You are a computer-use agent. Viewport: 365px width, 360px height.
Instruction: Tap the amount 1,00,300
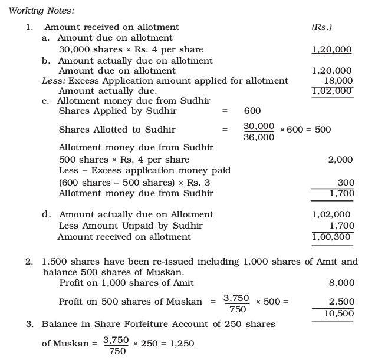tap(332, 237)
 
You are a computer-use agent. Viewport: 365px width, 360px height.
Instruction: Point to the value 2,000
tap(341, 160)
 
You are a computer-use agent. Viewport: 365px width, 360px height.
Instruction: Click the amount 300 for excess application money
tap(345, 183)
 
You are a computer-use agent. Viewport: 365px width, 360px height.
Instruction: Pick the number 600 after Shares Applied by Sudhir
tap(252, 111)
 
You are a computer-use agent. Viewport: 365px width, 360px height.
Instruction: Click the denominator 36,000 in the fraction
tap(259, 137)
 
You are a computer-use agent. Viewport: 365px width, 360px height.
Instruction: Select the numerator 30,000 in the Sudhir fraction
tap(259, 126)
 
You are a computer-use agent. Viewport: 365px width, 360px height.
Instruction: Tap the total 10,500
tap(339, 313)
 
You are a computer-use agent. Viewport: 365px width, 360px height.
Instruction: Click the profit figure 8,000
tap(342, 283)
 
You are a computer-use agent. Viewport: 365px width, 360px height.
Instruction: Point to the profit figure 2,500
tap(341, 302)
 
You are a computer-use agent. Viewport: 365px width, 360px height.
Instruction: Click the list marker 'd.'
tap(46, 214)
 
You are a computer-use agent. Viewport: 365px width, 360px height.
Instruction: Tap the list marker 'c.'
tap(45, 101)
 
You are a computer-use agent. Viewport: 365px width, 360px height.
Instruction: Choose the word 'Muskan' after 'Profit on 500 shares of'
tap(183, 302)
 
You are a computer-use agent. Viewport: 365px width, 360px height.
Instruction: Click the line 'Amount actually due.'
tap(108, 91)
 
